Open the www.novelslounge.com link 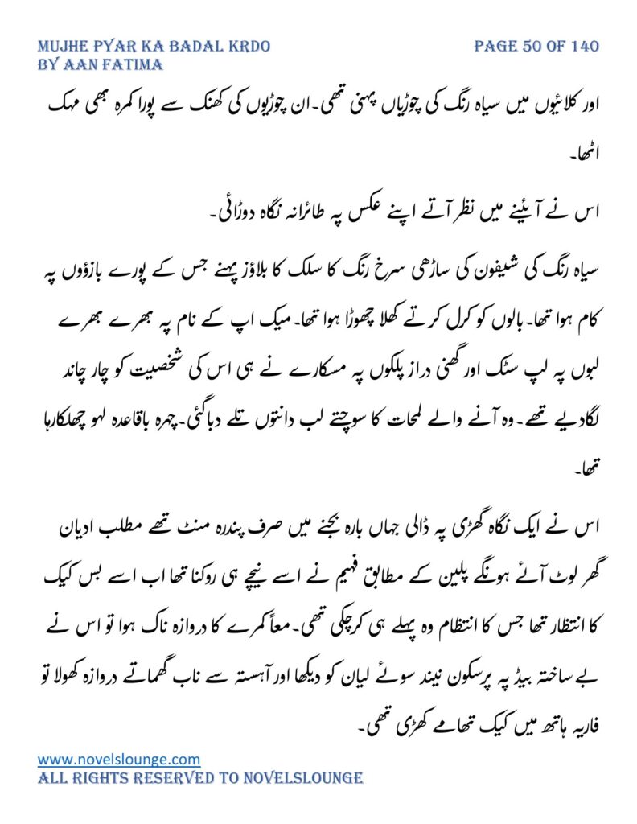119,759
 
